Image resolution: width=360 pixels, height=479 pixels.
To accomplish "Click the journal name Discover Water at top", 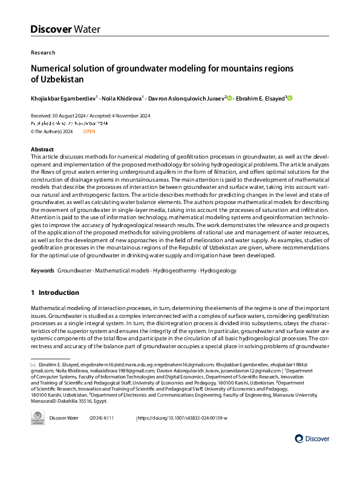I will (x=65, y=28).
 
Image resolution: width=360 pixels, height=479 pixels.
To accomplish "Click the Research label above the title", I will (x=43, y=53).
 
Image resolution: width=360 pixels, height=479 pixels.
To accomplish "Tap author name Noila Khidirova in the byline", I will (x=122, y=98).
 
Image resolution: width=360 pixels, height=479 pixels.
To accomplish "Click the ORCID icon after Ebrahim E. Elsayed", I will (x=290, y=98).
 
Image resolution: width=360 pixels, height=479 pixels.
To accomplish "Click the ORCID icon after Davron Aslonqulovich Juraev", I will (x=230, y=98).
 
